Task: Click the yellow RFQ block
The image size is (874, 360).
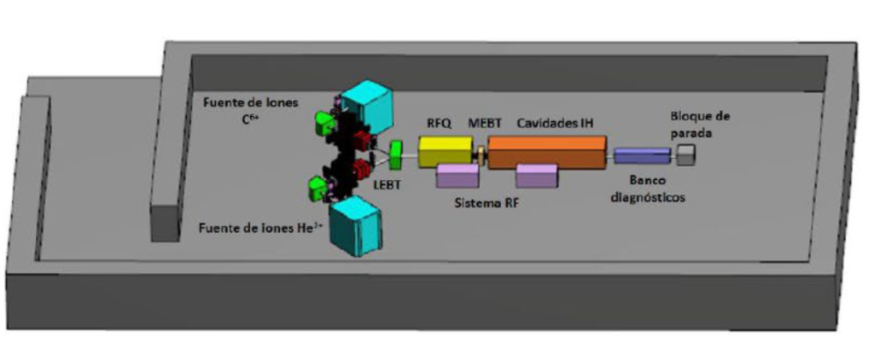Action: (x=446, y=151)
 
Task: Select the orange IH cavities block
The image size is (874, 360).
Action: (x=547, y=151)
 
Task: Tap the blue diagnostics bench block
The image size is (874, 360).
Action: (x=642, y=155)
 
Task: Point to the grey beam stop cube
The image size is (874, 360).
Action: (x=687, y=154)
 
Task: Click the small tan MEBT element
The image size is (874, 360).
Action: (x=481, y=155)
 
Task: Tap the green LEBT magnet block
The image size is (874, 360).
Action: (x=396, y=155)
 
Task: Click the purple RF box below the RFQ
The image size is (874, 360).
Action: (x=457, y=176)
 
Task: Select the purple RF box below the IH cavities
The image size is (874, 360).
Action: (x=537, y=176)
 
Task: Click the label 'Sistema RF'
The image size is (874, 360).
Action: (x=485, y=205)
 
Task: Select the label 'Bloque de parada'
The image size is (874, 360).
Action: (x=700, y=125)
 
